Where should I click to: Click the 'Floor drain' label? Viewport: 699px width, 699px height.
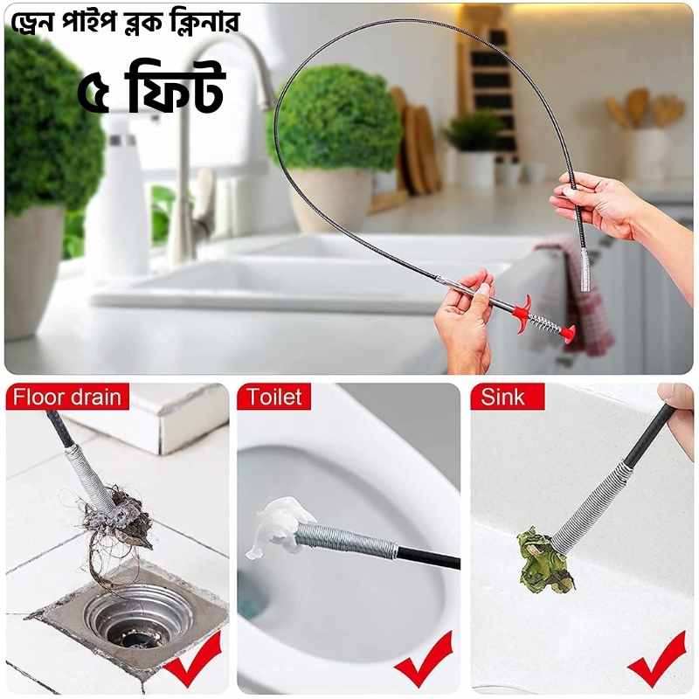pos(67,397)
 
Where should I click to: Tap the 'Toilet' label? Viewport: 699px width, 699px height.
pos(273,397)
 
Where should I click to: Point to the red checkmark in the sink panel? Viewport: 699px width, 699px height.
pos(656,661)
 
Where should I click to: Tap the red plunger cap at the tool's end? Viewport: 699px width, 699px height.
pos(568,333)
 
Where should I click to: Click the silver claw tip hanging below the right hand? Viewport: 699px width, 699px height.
pos(585,267)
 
